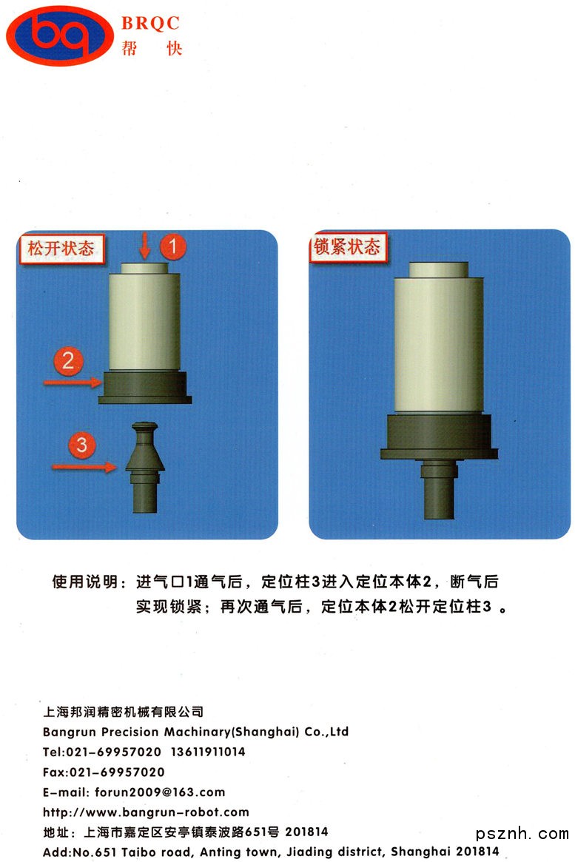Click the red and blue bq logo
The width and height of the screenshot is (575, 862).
59,35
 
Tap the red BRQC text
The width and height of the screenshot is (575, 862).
151,23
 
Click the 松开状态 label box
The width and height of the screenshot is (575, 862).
61,249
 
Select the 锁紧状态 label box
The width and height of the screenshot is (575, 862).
347,247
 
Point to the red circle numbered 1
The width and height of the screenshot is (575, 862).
172,246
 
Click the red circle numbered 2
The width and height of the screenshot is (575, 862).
68,360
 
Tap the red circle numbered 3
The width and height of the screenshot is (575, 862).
82,444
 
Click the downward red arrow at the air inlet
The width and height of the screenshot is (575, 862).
144,245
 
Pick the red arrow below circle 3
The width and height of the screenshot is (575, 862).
84,467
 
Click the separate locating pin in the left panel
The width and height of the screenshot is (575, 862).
144,468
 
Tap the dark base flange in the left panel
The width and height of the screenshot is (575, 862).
145,388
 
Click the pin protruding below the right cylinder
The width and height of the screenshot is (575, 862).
439,489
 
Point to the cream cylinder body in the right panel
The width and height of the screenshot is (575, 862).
439,341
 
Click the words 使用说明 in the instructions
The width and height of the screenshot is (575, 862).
84,582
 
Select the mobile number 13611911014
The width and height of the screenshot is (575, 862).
208,752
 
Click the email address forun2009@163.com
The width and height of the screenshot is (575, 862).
160,792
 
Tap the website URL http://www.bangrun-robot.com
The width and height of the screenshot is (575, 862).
146,812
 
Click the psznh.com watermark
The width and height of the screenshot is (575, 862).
522,834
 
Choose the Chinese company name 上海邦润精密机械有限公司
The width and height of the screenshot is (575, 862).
123,712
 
